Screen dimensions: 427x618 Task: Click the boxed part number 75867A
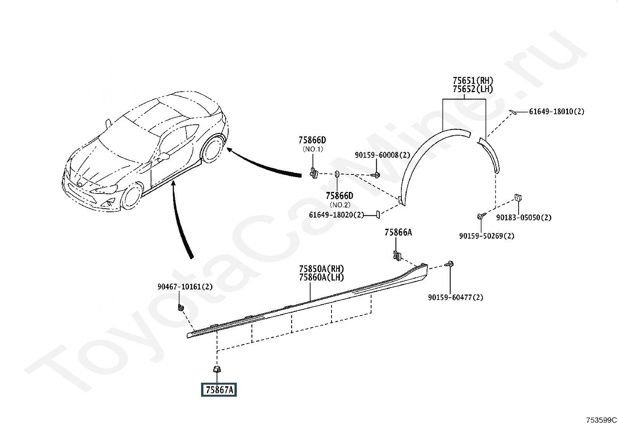219,390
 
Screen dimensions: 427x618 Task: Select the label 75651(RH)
472,81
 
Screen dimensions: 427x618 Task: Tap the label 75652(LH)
472,89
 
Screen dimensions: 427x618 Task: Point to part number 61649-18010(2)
556,112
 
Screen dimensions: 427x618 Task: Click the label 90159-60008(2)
382,155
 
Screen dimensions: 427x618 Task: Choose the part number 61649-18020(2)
337,214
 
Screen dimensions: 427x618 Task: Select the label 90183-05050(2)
524,218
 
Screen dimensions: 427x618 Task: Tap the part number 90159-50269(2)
486,236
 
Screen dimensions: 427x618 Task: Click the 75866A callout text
398,232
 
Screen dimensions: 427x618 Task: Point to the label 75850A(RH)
321,269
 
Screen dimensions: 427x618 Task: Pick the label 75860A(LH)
321,277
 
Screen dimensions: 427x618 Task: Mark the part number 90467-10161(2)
185,287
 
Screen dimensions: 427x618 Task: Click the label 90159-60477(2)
455,297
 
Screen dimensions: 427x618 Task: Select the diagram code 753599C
601,420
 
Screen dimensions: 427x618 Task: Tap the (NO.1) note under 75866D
312,149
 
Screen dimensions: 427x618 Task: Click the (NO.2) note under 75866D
340,205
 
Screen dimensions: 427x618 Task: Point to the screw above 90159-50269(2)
481,216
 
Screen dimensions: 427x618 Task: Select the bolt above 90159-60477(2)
450,264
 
